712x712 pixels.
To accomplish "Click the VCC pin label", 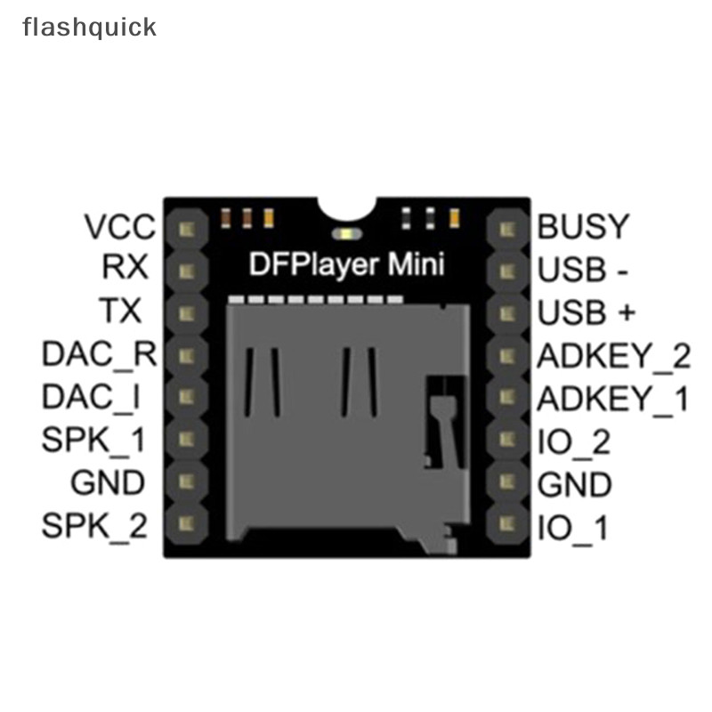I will tap(119, 228).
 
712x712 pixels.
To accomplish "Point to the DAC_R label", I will tap(99, 355).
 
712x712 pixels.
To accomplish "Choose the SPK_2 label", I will tap(94, 527).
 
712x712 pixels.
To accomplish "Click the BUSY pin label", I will tap(583, 228).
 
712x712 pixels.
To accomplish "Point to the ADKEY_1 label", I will tap(612, 399).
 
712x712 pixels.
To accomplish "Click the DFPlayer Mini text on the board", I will tap(344, 265).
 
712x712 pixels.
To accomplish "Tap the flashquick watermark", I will tap(89, 27).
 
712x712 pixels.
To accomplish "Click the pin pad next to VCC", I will tap(187, 229).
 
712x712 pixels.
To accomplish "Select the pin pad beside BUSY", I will tap(508, 229).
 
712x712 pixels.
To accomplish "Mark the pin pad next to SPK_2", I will tap(187, 526).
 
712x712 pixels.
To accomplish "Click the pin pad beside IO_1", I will tap(508, 526).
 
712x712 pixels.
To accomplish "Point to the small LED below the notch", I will tap(344, 234).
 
